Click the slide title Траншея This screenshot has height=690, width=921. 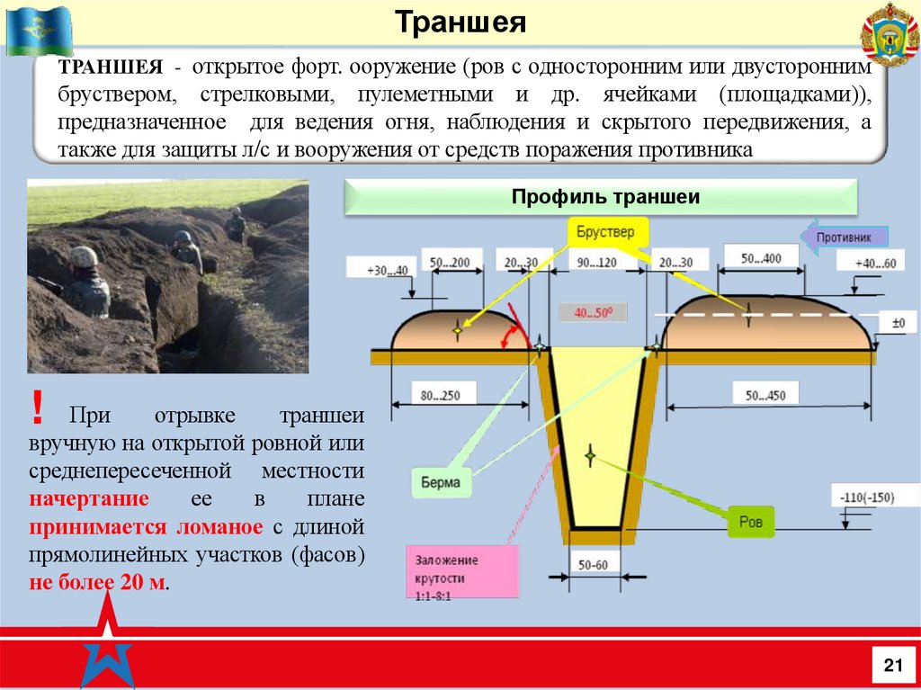tap(460, 22)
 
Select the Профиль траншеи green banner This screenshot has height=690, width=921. tap(604, 197)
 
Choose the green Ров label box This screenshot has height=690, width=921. tap(750, 521)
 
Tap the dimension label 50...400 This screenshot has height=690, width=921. tap(762, 259)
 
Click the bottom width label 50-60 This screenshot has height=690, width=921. tap(594, 566)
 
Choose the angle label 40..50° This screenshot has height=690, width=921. tap(592, 312)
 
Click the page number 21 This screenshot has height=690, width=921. tap(892, 665)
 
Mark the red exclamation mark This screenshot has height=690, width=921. tap(37, 410)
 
